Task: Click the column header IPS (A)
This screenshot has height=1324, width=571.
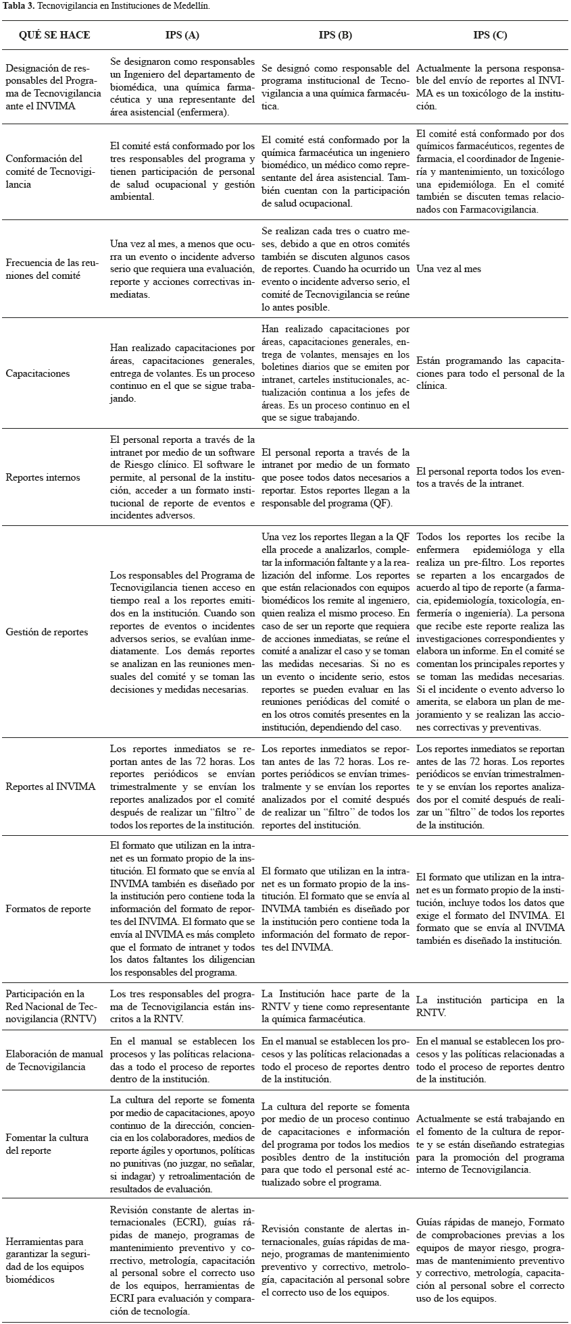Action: (x=182, y=35)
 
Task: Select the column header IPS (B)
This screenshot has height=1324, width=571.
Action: (x=335, y=35)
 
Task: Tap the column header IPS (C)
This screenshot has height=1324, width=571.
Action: (x=490, y=35)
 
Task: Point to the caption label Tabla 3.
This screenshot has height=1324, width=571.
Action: (x=17, y=5)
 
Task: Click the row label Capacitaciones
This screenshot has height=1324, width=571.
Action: (x=38, y=373)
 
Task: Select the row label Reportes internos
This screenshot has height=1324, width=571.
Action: (x=43, y=477)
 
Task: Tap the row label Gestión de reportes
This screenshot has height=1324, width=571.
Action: (x=47, y=632)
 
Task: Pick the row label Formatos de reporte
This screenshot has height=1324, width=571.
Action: (x=48, y=909)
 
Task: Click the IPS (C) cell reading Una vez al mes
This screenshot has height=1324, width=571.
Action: (x=449, y=269)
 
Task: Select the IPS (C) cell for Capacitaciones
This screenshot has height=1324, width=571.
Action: (x=490, y=373)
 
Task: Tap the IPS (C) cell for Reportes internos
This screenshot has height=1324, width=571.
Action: (x=490, y=477)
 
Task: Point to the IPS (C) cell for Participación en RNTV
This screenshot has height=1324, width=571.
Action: (x=490, y=1006)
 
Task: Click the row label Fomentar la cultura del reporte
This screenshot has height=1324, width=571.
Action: (x=47, y=1144)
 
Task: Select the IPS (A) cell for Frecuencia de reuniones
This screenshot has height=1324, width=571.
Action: (x=182, y=269)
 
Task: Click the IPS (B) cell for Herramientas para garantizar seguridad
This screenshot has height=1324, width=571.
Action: (x=335, y=1261)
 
